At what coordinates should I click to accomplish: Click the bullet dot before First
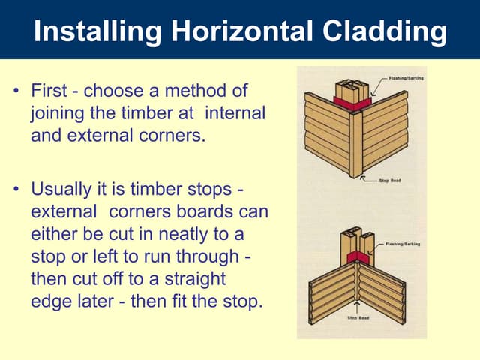(16, 92)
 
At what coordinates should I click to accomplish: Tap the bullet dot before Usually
(16, 188)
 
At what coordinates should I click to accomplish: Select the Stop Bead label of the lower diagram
(359, 318)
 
